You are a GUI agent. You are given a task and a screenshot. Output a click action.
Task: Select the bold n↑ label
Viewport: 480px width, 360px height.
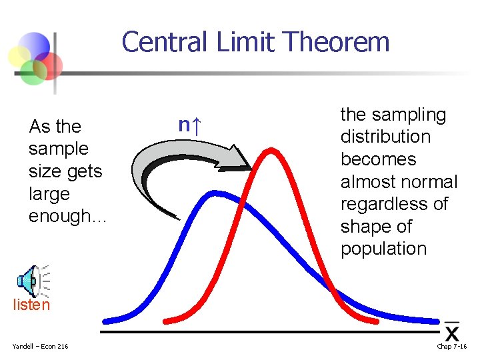click(191, 125)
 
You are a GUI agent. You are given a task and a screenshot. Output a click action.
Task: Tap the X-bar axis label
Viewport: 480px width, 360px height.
click(452, 331)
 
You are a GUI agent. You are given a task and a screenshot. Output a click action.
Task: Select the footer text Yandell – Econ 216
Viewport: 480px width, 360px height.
click(40, 345)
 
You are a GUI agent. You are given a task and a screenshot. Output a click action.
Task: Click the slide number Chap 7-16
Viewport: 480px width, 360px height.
click(452, 345)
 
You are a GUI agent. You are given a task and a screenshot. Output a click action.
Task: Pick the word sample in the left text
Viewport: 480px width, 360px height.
click(59, 149)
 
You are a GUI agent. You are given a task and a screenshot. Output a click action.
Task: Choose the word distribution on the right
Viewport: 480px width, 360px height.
click(385, 137)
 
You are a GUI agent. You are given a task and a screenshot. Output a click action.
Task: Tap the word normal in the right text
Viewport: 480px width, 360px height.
click(429, 182)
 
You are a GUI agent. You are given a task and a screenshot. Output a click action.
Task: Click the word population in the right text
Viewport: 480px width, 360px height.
click(383, 249)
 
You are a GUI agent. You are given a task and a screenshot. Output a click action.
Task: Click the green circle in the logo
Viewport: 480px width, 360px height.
click(33, 71)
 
